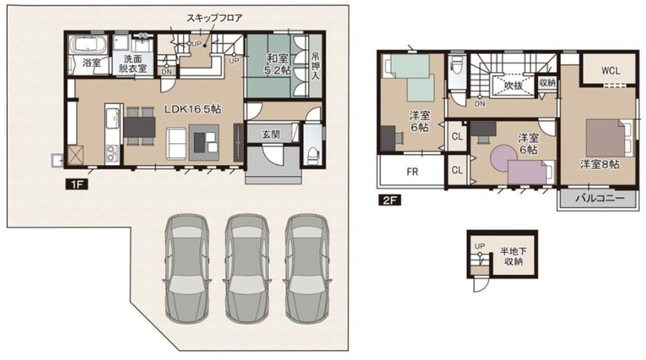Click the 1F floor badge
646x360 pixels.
point(74,185)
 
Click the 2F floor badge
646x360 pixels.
point(389,200)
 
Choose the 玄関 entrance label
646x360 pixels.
point(260,134)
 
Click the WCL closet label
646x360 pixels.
point(610,70)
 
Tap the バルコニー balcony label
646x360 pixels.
point(600,199)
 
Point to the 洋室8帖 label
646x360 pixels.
point(600,164)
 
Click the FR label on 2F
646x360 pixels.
point(411,171)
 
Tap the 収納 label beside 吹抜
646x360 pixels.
point(547,81)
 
